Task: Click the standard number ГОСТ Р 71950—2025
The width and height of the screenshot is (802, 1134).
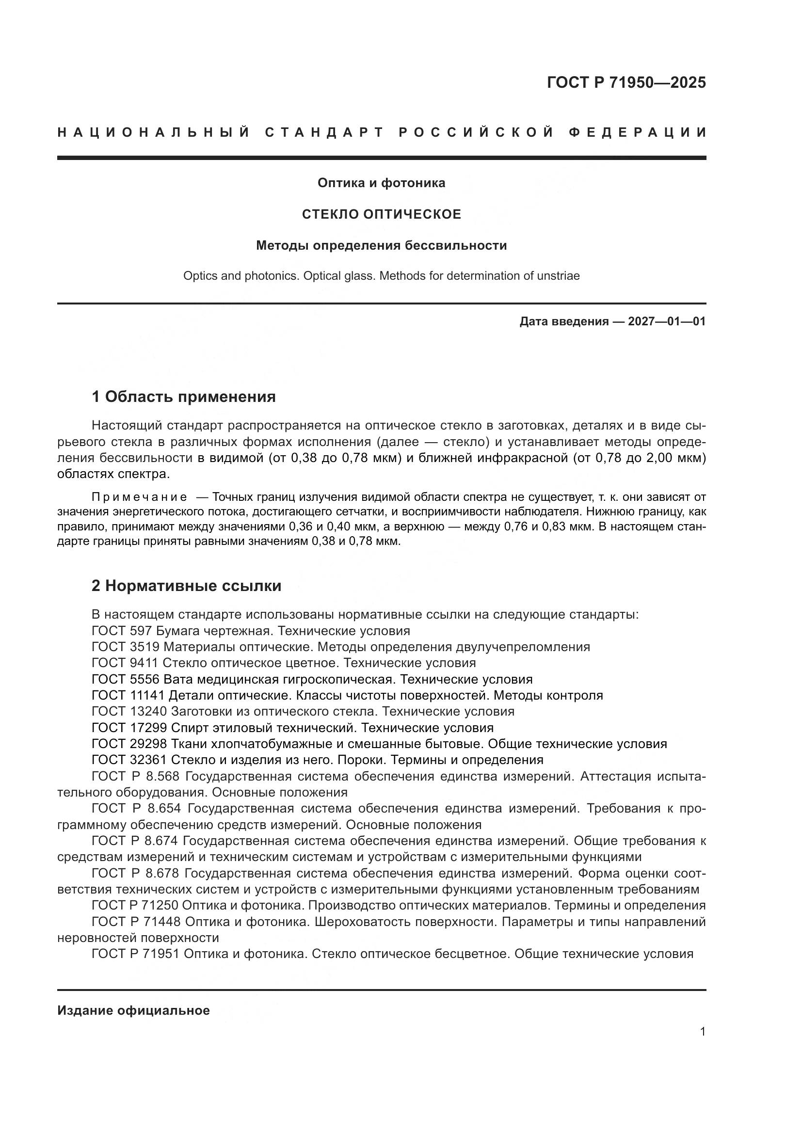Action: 626,82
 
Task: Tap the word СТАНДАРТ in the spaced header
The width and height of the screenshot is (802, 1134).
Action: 324,132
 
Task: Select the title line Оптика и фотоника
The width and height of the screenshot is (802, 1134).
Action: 381,183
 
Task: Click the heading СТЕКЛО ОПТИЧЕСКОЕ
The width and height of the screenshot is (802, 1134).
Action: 381,214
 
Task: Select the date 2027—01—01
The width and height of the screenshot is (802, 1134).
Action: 666,321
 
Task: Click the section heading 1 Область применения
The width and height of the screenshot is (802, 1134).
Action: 183,396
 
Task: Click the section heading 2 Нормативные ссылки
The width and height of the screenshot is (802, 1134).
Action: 186,585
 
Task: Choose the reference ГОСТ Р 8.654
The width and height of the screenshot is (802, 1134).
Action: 136,808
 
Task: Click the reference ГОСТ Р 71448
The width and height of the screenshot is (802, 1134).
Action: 136,922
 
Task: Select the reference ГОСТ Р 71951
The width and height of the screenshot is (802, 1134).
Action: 136,954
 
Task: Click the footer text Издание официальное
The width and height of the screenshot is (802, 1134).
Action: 133,1010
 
